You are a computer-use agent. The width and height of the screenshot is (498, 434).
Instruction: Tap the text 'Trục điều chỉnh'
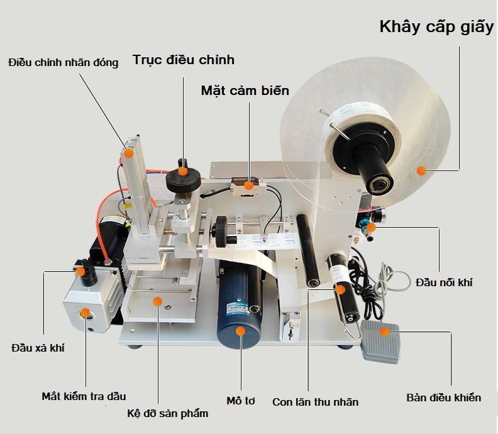pyautogui.click(x=183, y=60)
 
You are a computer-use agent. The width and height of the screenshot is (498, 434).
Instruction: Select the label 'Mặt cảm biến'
pyautogui.click(x=245, y=91)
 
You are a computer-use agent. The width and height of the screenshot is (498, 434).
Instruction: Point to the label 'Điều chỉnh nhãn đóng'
pyautogui.click(x=64, y=63)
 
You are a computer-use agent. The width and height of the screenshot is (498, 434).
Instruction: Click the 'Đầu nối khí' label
pyautogui.click(x=444, y=282)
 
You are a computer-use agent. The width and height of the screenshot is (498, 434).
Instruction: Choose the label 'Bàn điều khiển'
pyautogui.click(x=443, y=398)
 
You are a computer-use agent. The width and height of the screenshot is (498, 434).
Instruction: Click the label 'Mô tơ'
pyautogui.click(x=240, y=401)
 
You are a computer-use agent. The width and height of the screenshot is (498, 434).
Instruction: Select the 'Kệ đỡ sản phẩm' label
pyautogui.click(x=167, y=413)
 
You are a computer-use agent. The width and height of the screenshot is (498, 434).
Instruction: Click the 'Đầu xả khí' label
pyautogui.click(x=38, y=348)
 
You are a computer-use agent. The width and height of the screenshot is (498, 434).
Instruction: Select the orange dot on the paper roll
pyautogui.click(x=422, y=170)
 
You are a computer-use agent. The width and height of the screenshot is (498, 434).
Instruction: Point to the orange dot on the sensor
pyautogui.click(x=249, y=185)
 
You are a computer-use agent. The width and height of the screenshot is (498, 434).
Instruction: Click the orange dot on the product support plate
pyautogui.click(x=157, y=301)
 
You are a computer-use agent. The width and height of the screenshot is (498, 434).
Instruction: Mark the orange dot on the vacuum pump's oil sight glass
pyautogui.click(x=84, y=313)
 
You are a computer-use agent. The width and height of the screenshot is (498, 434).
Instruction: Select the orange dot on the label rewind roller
pyautogui.click(x=340, y=289)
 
